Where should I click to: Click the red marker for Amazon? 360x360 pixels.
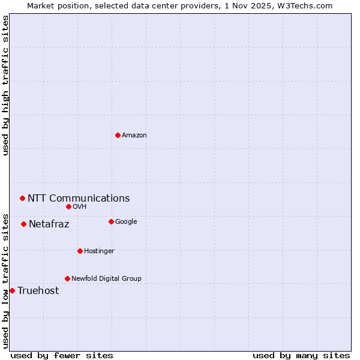click(x=118, y=135)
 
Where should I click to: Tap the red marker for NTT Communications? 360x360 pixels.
click(x=22, y=198)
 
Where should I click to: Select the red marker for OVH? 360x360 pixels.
click(x=68, y=206)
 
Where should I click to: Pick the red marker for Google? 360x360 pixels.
click(x=111, y=221)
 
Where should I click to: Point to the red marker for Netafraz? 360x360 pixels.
click(x=23, y=224)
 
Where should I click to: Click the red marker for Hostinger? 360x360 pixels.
click(x=80, y=251)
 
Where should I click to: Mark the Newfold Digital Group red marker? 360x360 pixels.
click(x=67, y=278)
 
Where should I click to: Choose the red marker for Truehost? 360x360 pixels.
click(x=12, y=290)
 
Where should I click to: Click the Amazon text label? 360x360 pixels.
click(x=134, y=135)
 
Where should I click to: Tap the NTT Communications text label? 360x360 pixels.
click(x=79, y=198)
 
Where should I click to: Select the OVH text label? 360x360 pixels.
click(x=80, y=206)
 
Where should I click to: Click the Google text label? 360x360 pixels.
click(x=126, y=221)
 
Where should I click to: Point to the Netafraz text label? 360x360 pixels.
click(x=49, y=224)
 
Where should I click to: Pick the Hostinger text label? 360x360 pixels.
click(x=99, y=251)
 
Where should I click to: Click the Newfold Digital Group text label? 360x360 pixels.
click(x=106, y=278)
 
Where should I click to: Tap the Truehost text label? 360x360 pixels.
click(x=38, y=290)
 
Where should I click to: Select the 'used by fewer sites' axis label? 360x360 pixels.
click(x=62, y=355)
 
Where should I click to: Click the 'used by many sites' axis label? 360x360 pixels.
click(x=301, y=355)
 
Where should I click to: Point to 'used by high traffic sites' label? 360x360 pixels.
click(x=5, y=85)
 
